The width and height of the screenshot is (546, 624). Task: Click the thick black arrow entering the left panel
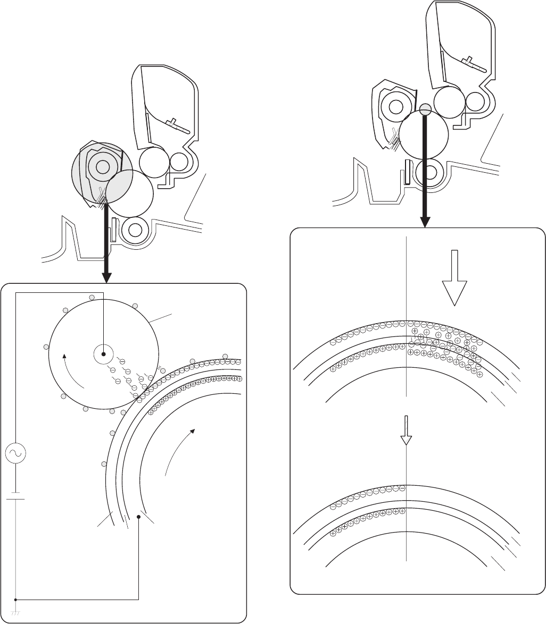106,244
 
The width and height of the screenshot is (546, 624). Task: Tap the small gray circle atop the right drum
425,109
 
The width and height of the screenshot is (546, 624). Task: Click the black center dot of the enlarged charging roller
104,354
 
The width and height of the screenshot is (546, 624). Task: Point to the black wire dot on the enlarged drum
139,517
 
